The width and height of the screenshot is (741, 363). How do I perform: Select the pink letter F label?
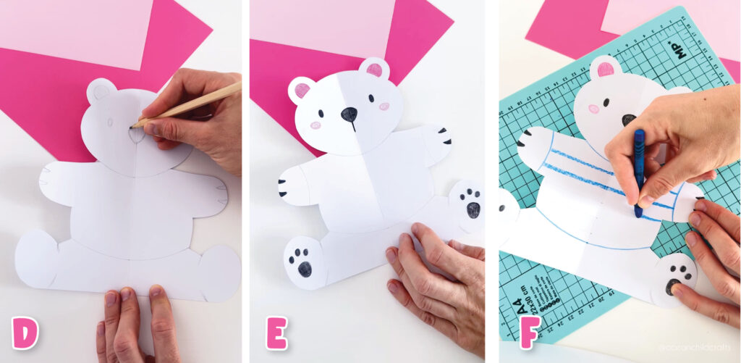click(x=527, y=334)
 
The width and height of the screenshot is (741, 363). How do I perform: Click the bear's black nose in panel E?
click(x=349, y=114)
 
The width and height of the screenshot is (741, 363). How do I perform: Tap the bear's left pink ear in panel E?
click(x=302, y=91)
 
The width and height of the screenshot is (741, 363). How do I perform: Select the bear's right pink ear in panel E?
click(x=374, y=70)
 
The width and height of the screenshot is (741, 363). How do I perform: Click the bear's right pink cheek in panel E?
click(x=384, y=107)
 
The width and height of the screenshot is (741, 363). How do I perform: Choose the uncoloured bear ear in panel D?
click(x=101, y=91)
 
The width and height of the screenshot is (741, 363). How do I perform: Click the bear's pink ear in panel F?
click(x=603, y=70)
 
